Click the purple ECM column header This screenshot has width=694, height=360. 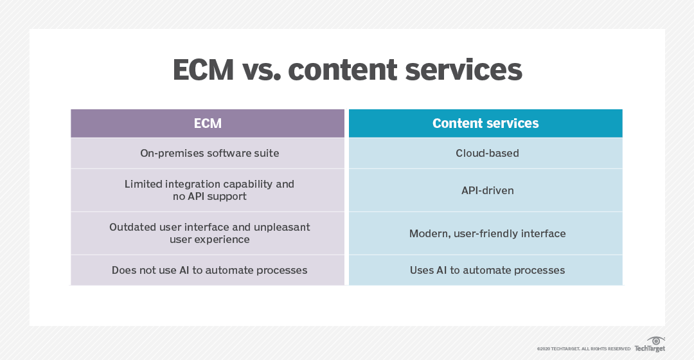click(x=208, y=123)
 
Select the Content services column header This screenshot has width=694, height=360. click(x=486, y=123)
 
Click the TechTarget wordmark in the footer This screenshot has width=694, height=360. click(x=650, y=348)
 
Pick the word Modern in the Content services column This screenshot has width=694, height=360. click(x=429, y=233)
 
